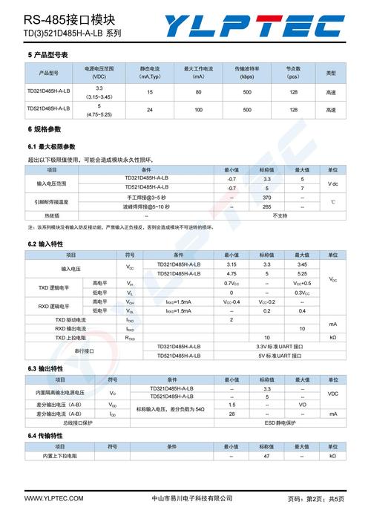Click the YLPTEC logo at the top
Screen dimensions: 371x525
[x=263, y=27]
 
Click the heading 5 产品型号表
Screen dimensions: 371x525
[x=48, y=56]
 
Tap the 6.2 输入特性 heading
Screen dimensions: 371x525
[x=46, y=244]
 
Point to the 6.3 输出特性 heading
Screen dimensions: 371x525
[x=46, y=369]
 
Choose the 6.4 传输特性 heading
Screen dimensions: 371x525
[x=46, y=435]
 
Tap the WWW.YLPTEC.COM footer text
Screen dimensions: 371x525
[x=54, y=498]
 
